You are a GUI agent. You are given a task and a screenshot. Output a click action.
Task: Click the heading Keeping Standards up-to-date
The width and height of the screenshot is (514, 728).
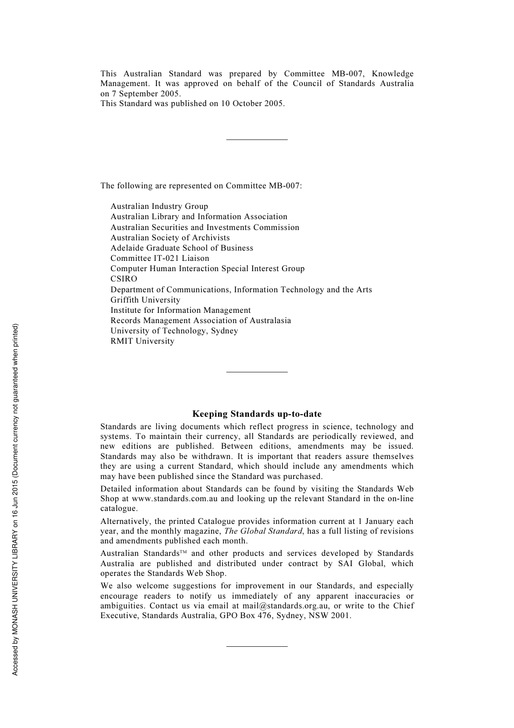point(256,414)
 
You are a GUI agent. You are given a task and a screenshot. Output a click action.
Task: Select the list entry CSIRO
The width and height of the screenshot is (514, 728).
point(124,279)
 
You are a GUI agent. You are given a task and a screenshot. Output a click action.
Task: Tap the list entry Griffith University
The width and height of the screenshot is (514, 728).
point(145,300)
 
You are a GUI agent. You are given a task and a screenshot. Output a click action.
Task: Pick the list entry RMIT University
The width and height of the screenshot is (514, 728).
point(142,341)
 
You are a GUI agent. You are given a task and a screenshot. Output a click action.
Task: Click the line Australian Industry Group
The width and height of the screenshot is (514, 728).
point(159,206)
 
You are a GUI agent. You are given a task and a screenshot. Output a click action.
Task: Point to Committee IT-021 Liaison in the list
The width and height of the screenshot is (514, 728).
point(160,258)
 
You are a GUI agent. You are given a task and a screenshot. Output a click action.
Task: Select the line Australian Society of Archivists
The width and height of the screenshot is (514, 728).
point(170,238)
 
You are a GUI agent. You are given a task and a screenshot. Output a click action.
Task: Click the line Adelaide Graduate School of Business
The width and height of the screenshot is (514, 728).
point(182,248)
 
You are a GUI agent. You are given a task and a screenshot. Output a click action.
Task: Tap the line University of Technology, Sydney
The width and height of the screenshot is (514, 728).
point(174,331)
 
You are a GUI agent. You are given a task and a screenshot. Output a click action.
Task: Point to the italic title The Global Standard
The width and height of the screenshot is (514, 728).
point(263,531)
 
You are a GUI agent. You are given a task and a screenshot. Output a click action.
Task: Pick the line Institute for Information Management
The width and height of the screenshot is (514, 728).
point(181,310)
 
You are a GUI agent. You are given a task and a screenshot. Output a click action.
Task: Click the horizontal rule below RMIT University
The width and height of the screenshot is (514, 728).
point(256,372)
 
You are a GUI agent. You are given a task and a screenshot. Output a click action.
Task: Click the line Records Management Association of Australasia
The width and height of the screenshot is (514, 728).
point(201,320)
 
